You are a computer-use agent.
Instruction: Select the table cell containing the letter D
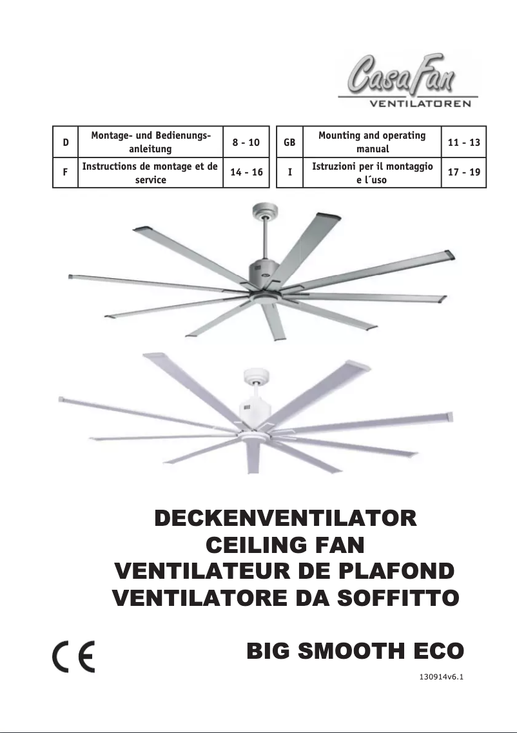[66, 142]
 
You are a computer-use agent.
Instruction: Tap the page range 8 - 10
[246, 142]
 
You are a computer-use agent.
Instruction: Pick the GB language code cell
[289, 142]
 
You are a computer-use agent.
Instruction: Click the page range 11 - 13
[463, 142]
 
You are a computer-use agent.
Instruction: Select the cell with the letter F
[66, 173]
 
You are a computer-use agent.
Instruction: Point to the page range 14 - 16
[246, 173]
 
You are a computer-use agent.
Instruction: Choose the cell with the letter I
[289, 173]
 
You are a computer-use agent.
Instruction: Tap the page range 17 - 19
[463, 173]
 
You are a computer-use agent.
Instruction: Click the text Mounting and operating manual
[372, 142]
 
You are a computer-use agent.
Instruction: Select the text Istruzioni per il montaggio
[372, 166]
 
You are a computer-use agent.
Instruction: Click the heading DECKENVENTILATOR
[286, 519]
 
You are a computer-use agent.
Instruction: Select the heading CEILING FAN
[286, 545]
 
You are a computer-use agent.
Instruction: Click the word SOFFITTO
[399, 598]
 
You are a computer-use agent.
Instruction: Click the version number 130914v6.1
[442, 678]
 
